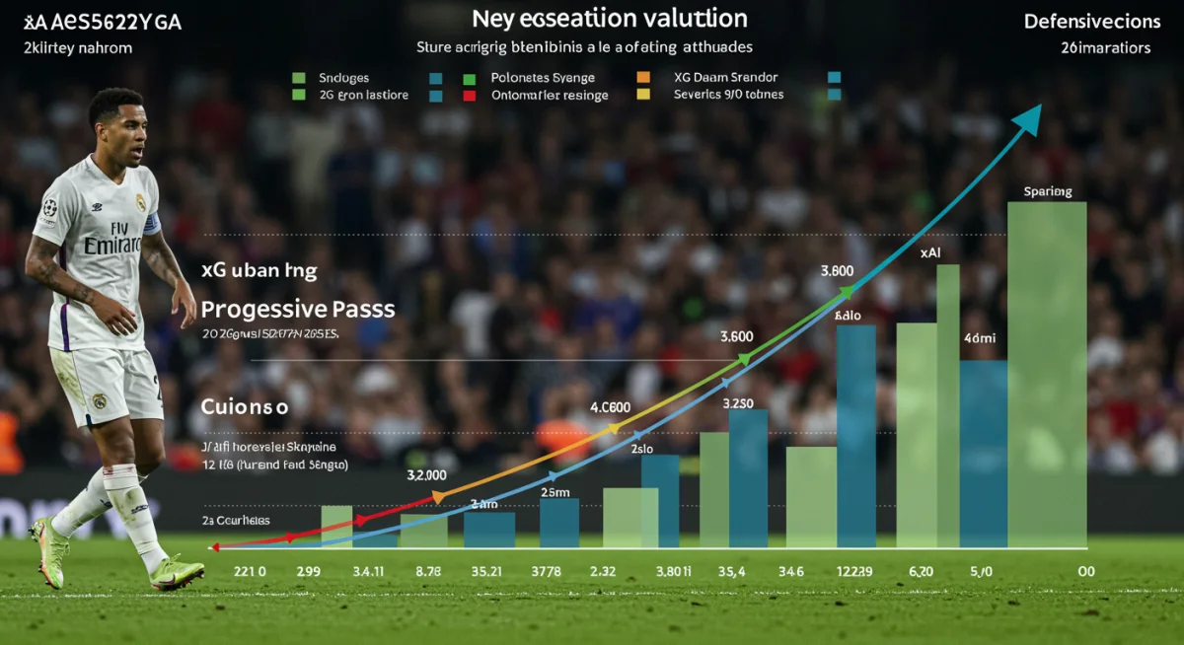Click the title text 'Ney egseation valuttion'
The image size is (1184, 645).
pos(609,19)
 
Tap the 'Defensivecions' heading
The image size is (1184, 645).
pos(1091,21)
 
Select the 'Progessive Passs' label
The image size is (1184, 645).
pos(298,309)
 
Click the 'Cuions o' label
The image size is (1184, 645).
pos(244,405)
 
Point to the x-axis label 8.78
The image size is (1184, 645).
pos(429,570)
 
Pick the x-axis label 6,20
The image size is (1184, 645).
pos(920,570)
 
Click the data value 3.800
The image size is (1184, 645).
pos(837,270)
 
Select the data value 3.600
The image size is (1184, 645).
pos(737,335)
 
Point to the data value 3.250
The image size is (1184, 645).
pos(739,403)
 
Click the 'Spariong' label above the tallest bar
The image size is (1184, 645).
pos(1048,191)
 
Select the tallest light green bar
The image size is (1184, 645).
pos(1047,375)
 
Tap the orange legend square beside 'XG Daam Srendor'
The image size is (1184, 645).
pos(643,77)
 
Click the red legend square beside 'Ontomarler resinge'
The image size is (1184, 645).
pos(470,96)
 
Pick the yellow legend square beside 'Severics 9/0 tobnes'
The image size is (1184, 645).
pos(643,95)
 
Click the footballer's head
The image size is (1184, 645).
pos(118,120)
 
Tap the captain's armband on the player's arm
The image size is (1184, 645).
pos(151,225)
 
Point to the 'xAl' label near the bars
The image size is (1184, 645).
pos(929,252)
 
